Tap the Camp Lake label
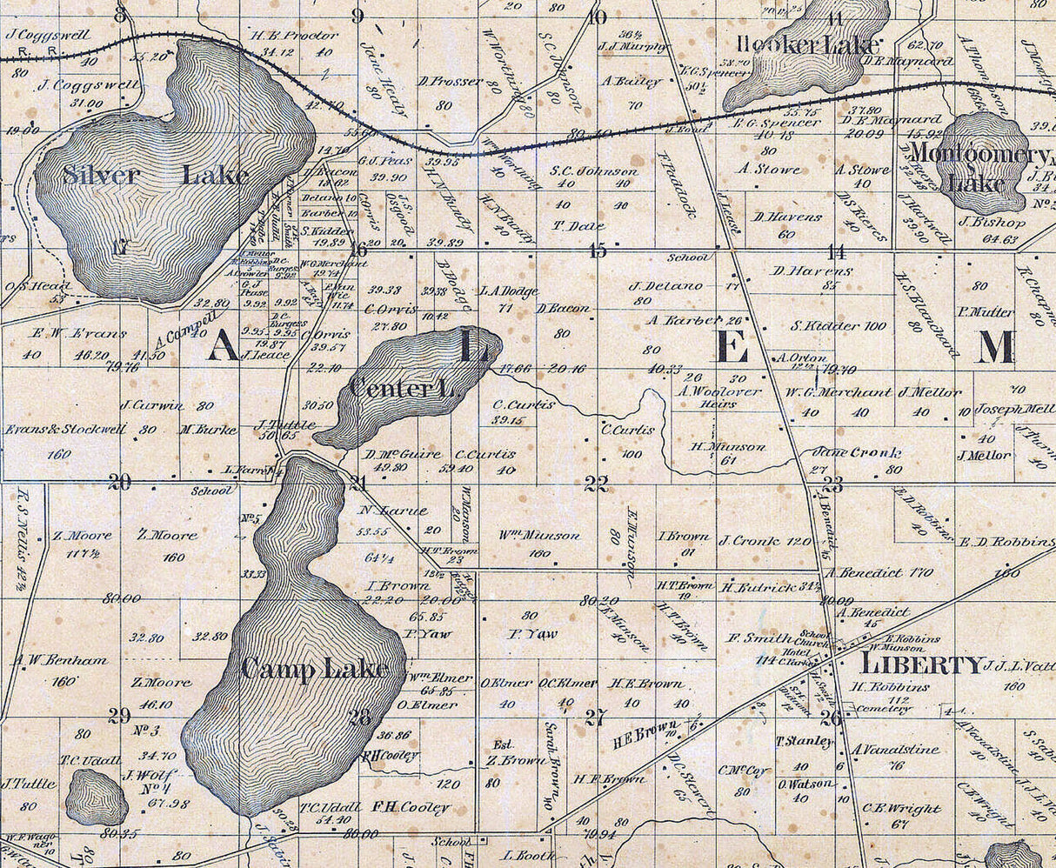point(315,669)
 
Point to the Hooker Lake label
point(808,45)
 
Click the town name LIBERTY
point(921,665)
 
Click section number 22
point(596,484)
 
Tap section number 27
point(596,718)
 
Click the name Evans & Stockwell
point(65,430)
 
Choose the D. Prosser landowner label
point(450,81)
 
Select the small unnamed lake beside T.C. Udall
point(96,796)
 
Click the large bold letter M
point(995,347)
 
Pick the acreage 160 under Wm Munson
point(539,553)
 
